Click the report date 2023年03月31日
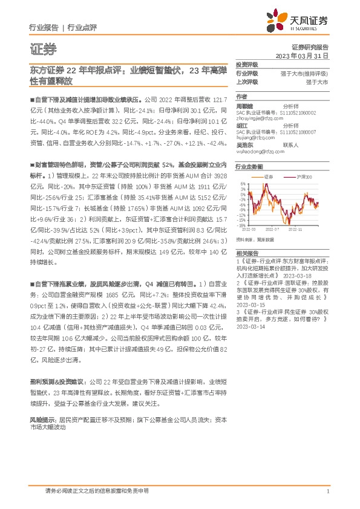pos(301,55)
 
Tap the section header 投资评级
pos(247,64)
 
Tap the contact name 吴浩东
pos(245,144)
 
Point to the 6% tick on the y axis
pos(242,184)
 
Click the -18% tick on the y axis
pos(241,225)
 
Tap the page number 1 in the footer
pos(327,492)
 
